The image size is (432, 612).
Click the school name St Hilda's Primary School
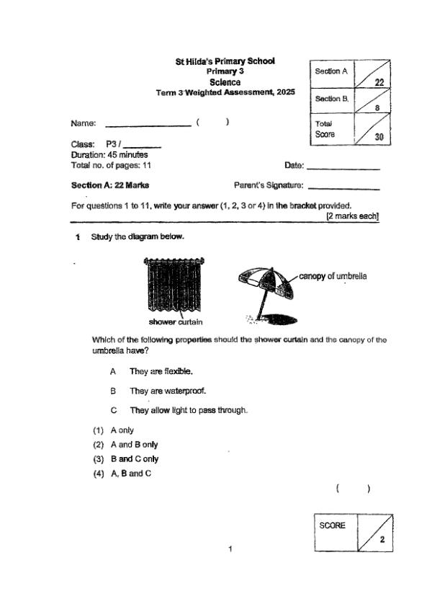point(225,62)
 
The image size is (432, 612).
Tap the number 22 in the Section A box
point(379,82)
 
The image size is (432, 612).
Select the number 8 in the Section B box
point(378,108)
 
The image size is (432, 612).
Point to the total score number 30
point(378,136)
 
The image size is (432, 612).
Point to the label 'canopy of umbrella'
point(333,276)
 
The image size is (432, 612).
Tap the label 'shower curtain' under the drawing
point(176,321)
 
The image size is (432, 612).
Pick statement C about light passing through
point(188,410)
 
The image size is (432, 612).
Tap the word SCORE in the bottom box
point(333,525)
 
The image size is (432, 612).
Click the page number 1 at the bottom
point(230,550)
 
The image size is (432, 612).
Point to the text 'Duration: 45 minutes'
point(109,155)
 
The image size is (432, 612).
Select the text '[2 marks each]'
point(352,216)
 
